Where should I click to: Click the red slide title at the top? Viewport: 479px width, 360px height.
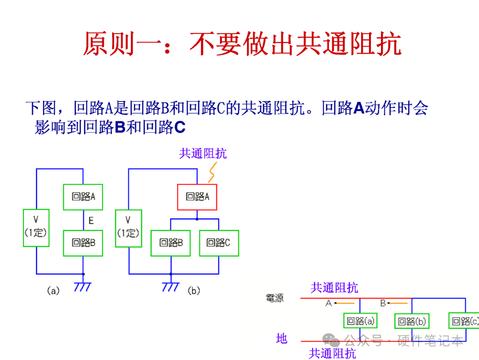pyautogui.click(x=242, y=44)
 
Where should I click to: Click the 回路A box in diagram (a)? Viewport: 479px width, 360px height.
pyautogui.click(x=83, y=197)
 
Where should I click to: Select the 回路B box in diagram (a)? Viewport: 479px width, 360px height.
pyautogui.click(x=83, y=243)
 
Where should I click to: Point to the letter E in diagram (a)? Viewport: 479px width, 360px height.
pyautogui.click(x=91, y=221)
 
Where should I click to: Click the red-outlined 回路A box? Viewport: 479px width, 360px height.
pyautogui.click(x=197, y=197)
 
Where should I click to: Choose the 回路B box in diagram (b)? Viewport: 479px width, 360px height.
pyautogui.click(x=171, y=243)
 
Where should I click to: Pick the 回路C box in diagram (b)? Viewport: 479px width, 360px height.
pyautogui.click(x=219, y=243)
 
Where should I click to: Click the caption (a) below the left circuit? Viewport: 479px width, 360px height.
pyautogui.click(x=53, y=291)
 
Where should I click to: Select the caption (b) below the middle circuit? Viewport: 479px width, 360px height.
pyautogui.click(x=194, y=291)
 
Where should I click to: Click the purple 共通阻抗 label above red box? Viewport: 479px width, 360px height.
pyautogui.click(x=203, y=154)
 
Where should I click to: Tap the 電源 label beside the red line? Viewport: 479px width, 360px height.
pyautogui.click(x=275, y=298)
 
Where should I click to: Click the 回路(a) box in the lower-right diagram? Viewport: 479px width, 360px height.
pyautogui.click(x=360, y=321)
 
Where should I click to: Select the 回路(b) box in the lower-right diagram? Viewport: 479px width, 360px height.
pyautogui.click(x=412, y=321)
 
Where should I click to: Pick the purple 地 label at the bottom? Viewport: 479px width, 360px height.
pyautogui.click(x=282, y=339)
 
